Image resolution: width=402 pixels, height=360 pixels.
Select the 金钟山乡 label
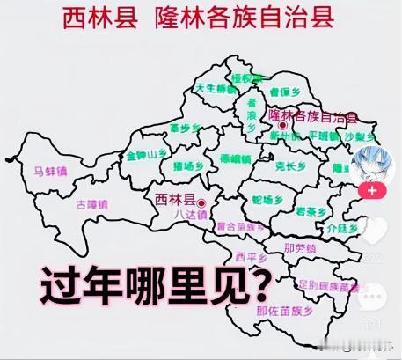click(x=146, y=154)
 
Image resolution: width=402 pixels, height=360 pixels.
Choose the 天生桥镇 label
click(x=216, y=88)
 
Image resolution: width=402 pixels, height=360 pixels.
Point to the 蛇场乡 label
click(x=267, y=200)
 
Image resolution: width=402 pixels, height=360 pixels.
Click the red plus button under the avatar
click(x=371, y=190)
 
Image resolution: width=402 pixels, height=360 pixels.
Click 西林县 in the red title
click(x=99, y=18)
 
